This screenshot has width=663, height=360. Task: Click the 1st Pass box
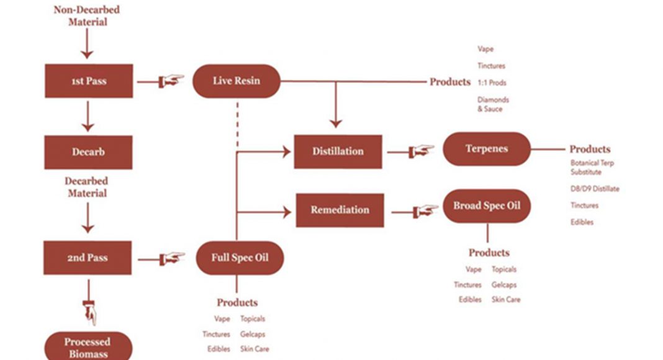pos(89,81)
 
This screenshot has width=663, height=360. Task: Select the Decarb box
pos(88,152)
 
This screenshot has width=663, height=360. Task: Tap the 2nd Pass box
pos(88,258)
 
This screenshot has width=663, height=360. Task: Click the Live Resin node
pos(236,81)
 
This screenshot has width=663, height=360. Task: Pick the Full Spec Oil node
pos(240,258)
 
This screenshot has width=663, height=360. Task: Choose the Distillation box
pos(337,151)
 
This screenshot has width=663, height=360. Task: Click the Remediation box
pos(339,210)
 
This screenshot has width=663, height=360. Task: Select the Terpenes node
pos(486,149)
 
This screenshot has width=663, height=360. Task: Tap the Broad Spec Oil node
pos(486,206)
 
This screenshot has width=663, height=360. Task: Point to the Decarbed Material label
pos(86,187)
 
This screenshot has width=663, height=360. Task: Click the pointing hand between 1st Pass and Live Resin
pos(171,81)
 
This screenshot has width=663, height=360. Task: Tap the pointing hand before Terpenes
pos(420,151)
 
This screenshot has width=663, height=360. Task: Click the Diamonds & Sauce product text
pos(493,104)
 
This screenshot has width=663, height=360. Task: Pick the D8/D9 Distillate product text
pos(595,189)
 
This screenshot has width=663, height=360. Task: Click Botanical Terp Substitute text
pos(592,168)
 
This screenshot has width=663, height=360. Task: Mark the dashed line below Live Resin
pos(237,124)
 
